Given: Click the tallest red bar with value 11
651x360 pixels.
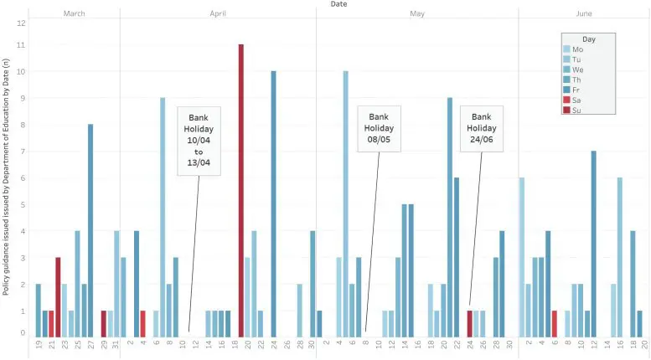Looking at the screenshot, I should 241,190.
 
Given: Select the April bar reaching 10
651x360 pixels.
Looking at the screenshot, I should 273,203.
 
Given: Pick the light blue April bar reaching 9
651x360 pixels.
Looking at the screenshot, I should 163,217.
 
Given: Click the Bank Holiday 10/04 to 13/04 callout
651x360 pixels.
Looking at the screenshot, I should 199,140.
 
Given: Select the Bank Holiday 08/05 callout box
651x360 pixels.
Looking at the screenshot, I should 379,128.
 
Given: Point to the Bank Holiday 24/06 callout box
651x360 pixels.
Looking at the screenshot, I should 481,128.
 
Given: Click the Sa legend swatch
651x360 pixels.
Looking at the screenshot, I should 567,100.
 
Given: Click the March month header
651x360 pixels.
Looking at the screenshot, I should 74,14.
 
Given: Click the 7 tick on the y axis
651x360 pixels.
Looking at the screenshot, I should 21,152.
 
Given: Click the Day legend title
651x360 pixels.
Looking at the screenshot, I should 589,39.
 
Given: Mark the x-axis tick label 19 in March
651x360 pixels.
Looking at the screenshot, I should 38,345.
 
